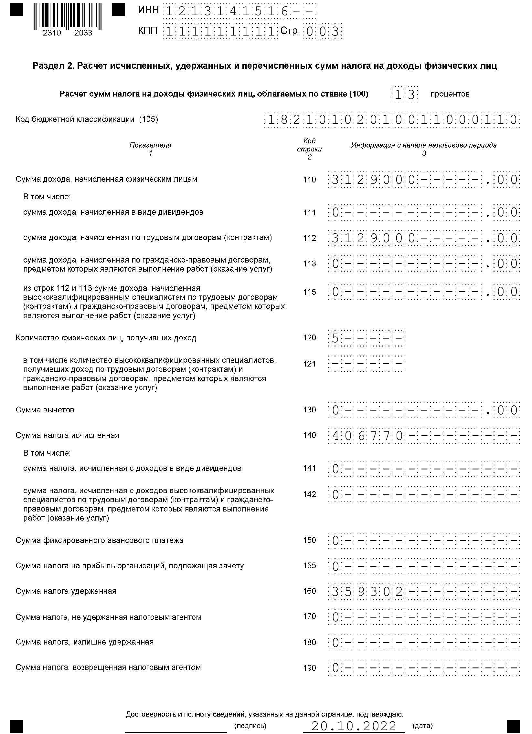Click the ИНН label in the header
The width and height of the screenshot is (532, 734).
[148, 10]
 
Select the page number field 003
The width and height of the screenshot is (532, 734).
[322, 32]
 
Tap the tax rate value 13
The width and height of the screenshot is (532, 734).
[405, 95]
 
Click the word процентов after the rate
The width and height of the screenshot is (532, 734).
[450, 94]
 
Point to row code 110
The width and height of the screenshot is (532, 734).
[309, 180]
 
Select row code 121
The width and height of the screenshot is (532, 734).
[309, 364]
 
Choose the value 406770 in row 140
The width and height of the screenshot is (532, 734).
[367, 436]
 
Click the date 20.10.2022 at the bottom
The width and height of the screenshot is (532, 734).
[354, 726]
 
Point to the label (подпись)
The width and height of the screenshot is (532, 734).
[250, 726]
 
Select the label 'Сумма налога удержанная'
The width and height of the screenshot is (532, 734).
[66, 591]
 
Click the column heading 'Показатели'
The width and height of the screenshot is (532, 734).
[150, 145]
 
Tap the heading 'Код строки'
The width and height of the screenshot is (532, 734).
[309, 145]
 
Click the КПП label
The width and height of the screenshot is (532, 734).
[148, 31]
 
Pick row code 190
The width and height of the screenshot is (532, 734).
[309, 668]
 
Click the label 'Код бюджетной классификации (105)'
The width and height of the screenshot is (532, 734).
[87, 119]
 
